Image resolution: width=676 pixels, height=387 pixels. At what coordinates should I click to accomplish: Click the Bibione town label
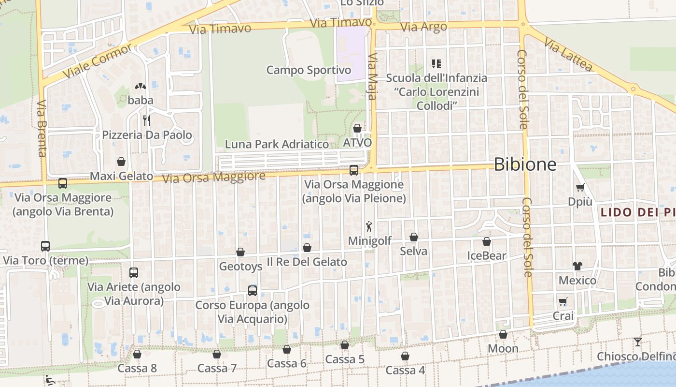click(525, 164)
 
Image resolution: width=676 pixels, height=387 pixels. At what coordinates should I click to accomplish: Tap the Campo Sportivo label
click(309, 70)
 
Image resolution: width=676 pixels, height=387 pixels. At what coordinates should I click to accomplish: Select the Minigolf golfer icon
click(369, 226)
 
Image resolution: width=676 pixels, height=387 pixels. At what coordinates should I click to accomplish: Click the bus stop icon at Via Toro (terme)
click(45, 246)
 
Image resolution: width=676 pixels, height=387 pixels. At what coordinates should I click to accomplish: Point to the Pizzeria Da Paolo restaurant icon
click(147, 120)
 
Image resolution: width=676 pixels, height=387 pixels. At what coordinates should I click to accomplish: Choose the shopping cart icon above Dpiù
click(580, 187)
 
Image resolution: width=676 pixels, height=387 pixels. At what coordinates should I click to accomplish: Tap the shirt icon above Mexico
click(577, 266)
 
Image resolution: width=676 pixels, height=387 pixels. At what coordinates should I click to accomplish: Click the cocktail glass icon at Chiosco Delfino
click(638, 342)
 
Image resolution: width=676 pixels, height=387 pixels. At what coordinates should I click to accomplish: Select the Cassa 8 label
click(137, 368)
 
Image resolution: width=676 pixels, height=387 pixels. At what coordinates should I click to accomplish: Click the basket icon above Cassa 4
click(405, 356)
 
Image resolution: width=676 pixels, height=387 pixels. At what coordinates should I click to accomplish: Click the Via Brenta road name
click(42, 128)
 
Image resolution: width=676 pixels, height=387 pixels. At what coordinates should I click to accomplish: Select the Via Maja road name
click(372, 76)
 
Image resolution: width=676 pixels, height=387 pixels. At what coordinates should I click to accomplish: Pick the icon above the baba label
click(141, 87)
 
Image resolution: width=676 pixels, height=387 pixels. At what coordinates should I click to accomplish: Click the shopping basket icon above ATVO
click(357, 128)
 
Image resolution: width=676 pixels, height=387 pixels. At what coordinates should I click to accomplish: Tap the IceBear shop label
click(487, 256)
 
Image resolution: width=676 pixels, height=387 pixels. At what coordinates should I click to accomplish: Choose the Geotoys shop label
click(240, 266)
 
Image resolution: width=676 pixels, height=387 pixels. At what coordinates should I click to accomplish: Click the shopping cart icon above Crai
click(563, 302)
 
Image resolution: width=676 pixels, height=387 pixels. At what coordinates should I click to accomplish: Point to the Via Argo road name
click(424, 27)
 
